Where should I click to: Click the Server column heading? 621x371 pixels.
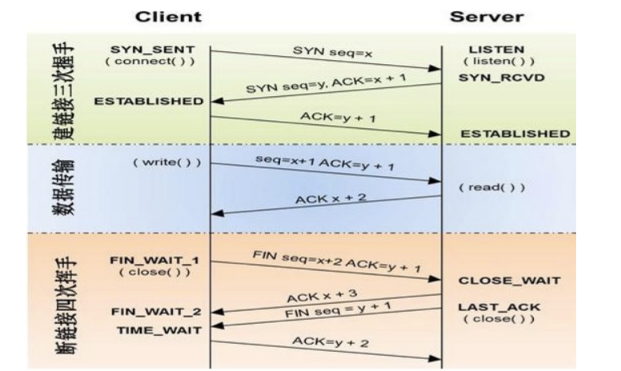496,16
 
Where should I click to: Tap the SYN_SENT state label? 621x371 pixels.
153,50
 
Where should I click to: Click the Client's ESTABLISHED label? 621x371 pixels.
149,102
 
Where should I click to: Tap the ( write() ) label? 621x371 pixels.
166,163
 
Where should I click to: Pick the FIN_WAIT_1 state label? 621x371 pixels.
153,260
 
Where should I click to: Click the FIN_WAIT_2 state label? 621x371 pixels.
153,311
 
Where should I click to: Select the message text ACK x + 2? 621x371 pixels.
331,197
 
